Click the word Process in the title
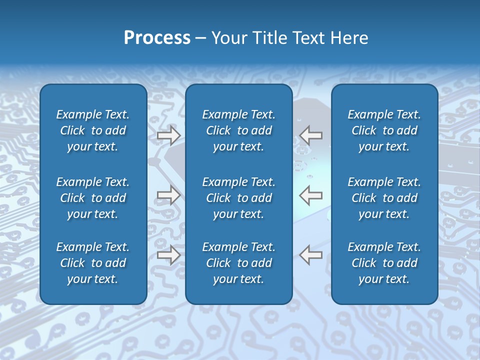click(157, 38)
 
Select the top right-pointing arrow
click(169, 135)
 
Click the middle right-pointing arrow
click(169, 195)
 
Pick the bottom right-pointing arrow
click(169, 254)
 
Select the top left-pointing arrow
click(311, 135)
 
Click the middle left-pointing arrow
click(311, 195)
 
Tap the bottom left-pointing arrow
click(311, 254)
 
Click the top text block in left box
click(93, 130)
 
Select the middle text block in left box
click(93, 198)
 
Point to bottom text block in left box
click(93, 263)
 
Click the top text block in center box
click(238, 130)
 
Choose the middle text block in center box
click(238, 198)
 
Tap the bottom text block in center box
click(238, 263)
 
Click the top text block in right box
click(384, 130)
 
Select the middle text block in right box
click(384, 198)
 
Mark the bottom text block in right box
click(384, 263)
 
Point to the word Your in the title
click(228, 38)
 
